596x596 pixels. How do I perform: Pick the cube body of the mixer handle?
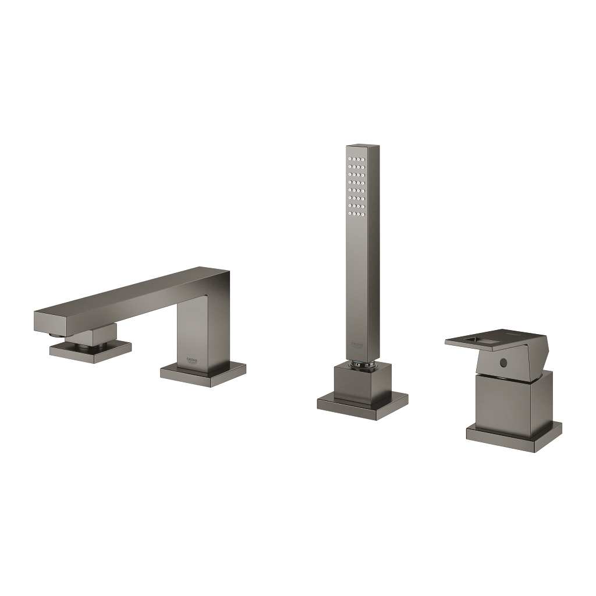[512, 400]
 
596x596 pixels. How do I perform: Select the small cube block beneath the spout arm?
[93, 336]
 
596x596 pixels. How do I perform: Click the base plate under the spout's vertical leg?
[203, 374]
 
